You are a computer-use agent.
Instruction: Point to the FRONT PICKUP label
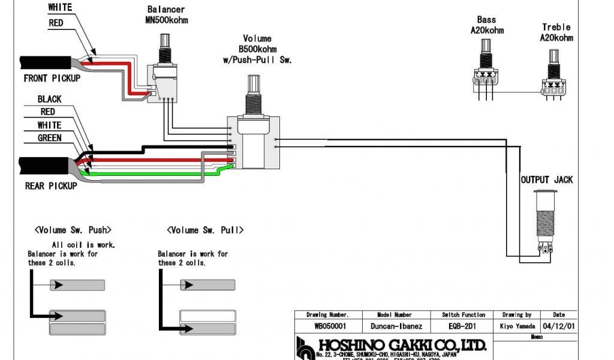(x=52, y=78)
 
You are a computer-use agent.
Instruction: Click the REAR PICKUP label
(x=51, y=186)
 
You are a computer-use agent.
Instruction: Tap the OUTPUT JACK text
(x=546, y=179)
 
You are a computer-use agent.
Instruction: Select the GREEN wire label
(x=49, y=138)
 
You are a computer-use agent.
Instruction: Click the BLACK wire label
(x=49, y=99)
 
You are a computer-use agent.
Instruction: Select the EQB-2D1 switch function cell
(x=463, y=326)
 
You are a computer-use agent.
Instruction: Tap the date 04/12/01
(x=558, y=326)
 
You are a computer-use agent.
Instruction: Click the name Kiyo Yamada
(x=516, y=326)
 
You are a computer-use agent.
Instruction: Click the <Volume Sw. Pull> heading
(x=205, y=230)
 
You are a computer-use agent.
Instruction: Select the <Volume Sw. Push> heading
(x=73, y=230)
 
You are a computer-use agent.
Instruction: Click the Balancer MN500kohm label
(x=166, y=15)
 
